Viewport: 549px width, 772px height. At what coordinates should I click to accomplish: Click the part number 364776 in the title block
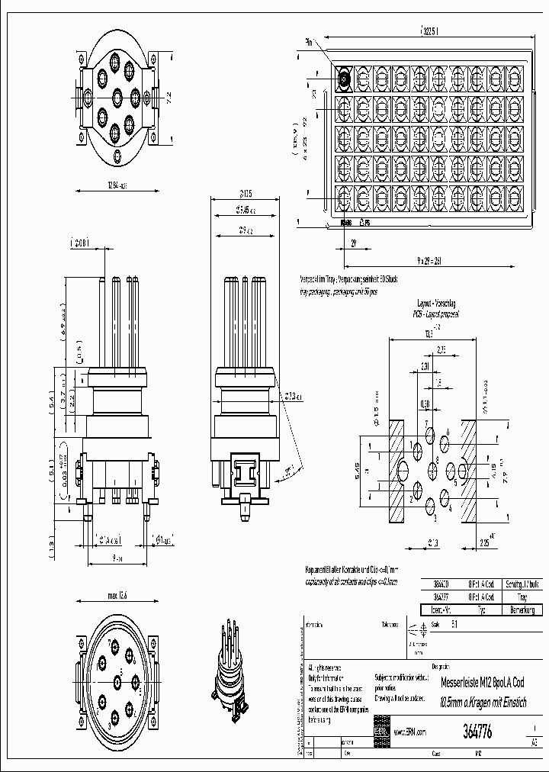477,730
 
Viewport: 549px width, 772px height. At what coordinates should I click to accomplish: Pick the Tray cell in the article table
522,597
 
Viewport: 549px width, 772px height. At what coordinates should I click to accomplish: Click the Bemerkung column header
522,610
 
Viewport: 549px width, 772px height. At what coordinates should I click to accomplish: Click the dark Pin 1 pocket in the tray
344,77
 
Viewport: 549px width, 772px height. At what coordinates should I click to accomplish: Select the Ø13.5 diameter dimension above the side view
244,194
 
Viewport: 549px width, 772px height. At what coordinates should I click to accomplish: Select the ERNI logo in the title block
381,730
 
